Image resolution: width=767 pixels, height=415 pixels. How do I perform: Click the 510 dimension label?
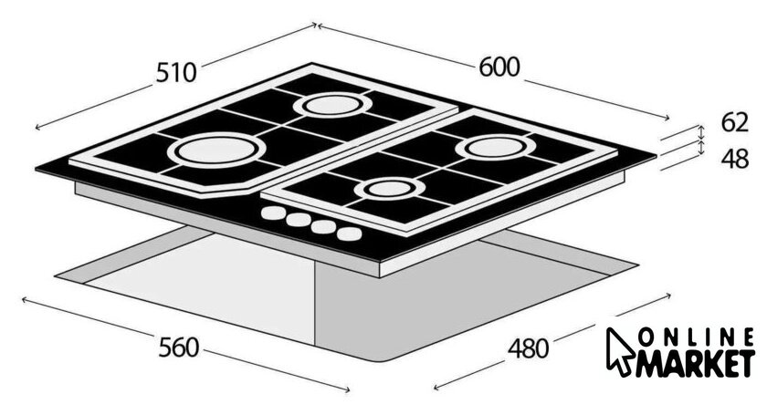176,73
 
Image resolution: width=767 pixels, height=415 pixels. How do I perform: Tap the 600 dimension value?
499,67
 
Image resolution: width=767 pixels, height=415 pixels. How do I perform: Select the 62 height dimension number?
734,122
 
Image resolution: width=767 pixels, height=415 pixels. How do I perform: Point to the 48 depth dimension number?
735,159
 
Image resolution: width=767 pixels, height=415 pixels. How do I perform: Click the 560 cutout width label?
179,348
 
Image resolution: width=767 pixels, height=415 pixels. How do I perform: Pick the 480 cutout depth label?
529,349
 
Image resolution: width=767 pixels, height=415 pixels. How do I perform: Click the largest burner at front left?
216,149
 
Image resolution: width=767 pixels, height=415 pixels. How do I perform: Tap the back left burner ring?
332,105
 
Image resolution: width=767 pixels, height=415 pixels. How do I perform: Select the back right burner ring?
496,147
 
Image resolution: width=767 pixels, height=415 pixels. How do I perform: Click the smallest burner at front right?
390,189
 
